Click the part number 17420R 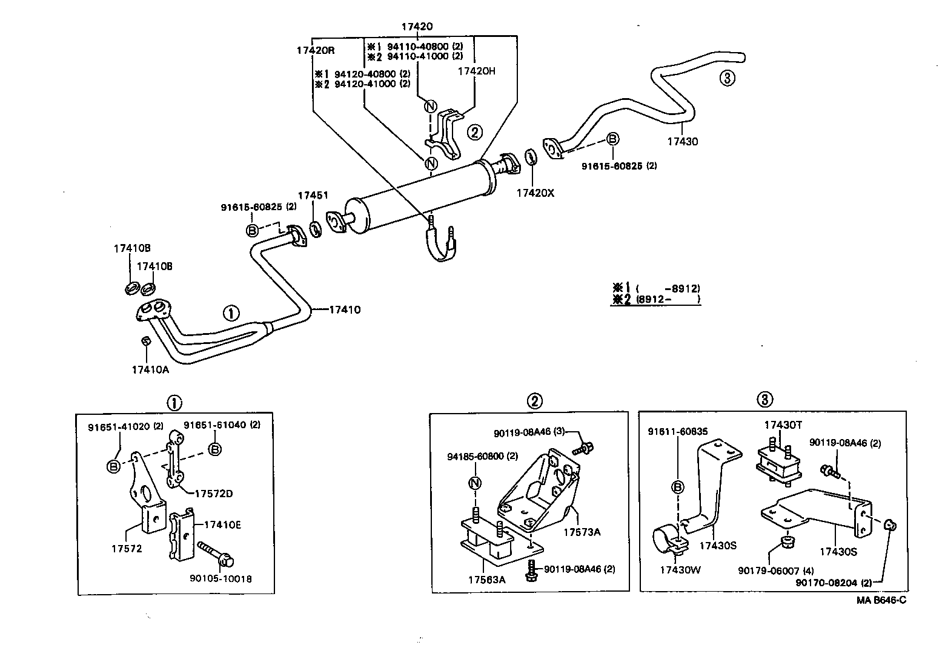click(315, 51)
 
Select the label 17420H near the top click(476, 71)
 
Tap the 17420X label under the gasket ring click(535, 193)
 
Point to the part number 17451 click(313, 195)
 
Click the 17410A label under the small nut click(150, 369)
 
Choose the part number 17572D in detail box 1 click(213, 493)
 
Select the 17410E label click(222, 524)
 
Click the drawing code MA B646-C click(881, 600)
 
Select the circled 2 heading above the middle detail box click(534, 400)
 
